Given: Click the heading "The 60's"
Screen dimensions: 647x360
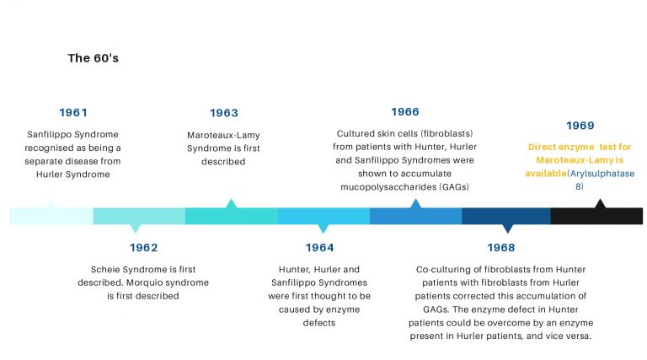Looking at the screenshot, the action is (x=94, y=58).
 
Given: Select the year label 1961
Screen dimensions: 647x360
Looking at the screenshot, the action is (x=73, y=113).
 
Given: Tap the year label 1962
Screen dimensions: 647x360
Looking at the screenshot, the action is (x=143, y=248).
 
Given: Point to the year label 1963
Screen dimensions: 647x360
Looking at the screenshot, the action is (x=224, y=113).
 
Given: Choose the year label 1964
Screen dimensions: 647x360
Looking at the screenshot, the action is (x=320, y=248).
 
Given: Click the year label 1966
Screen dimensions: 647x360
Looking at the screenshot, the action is (x=405, y=112).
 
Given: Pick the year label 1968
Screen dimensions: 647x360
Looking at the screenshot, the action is (x=501, y=248).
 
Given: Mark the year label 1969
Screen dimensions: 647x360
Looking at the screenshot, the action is (x=580, y=126).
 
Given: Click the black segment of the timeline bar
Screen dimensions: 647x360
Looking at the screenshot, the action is (x=596, y=216).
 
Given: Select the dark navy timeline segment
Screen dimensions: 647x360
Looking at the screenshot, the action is (x=505, y=216).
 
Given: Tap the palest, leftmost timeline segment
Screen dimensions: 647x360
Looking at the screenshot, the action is (x=51, y=216).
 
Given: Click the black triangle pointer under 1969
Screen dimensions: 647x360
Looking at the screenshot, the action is (x=600, y=203).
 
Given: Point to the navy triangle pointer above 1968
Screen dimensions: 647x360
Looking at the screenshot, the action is (x=507, y=228).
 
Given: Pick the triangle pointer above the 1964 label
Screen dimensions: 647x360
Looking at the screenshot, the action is (x=323, y=228).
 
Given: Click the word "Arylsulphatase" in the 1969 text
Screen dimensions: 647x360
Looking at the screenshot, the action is (x=602, y=174).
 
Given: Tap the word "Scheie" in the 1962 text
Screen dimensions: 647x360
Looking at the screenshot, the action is (x=105, y=270).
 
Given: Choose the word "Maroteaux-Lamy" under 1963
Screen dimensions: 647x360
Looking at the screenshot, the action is (x=223, y=136).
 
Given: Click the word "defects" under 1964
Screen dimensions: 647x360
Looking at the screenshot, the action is (x=319, y=323).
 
